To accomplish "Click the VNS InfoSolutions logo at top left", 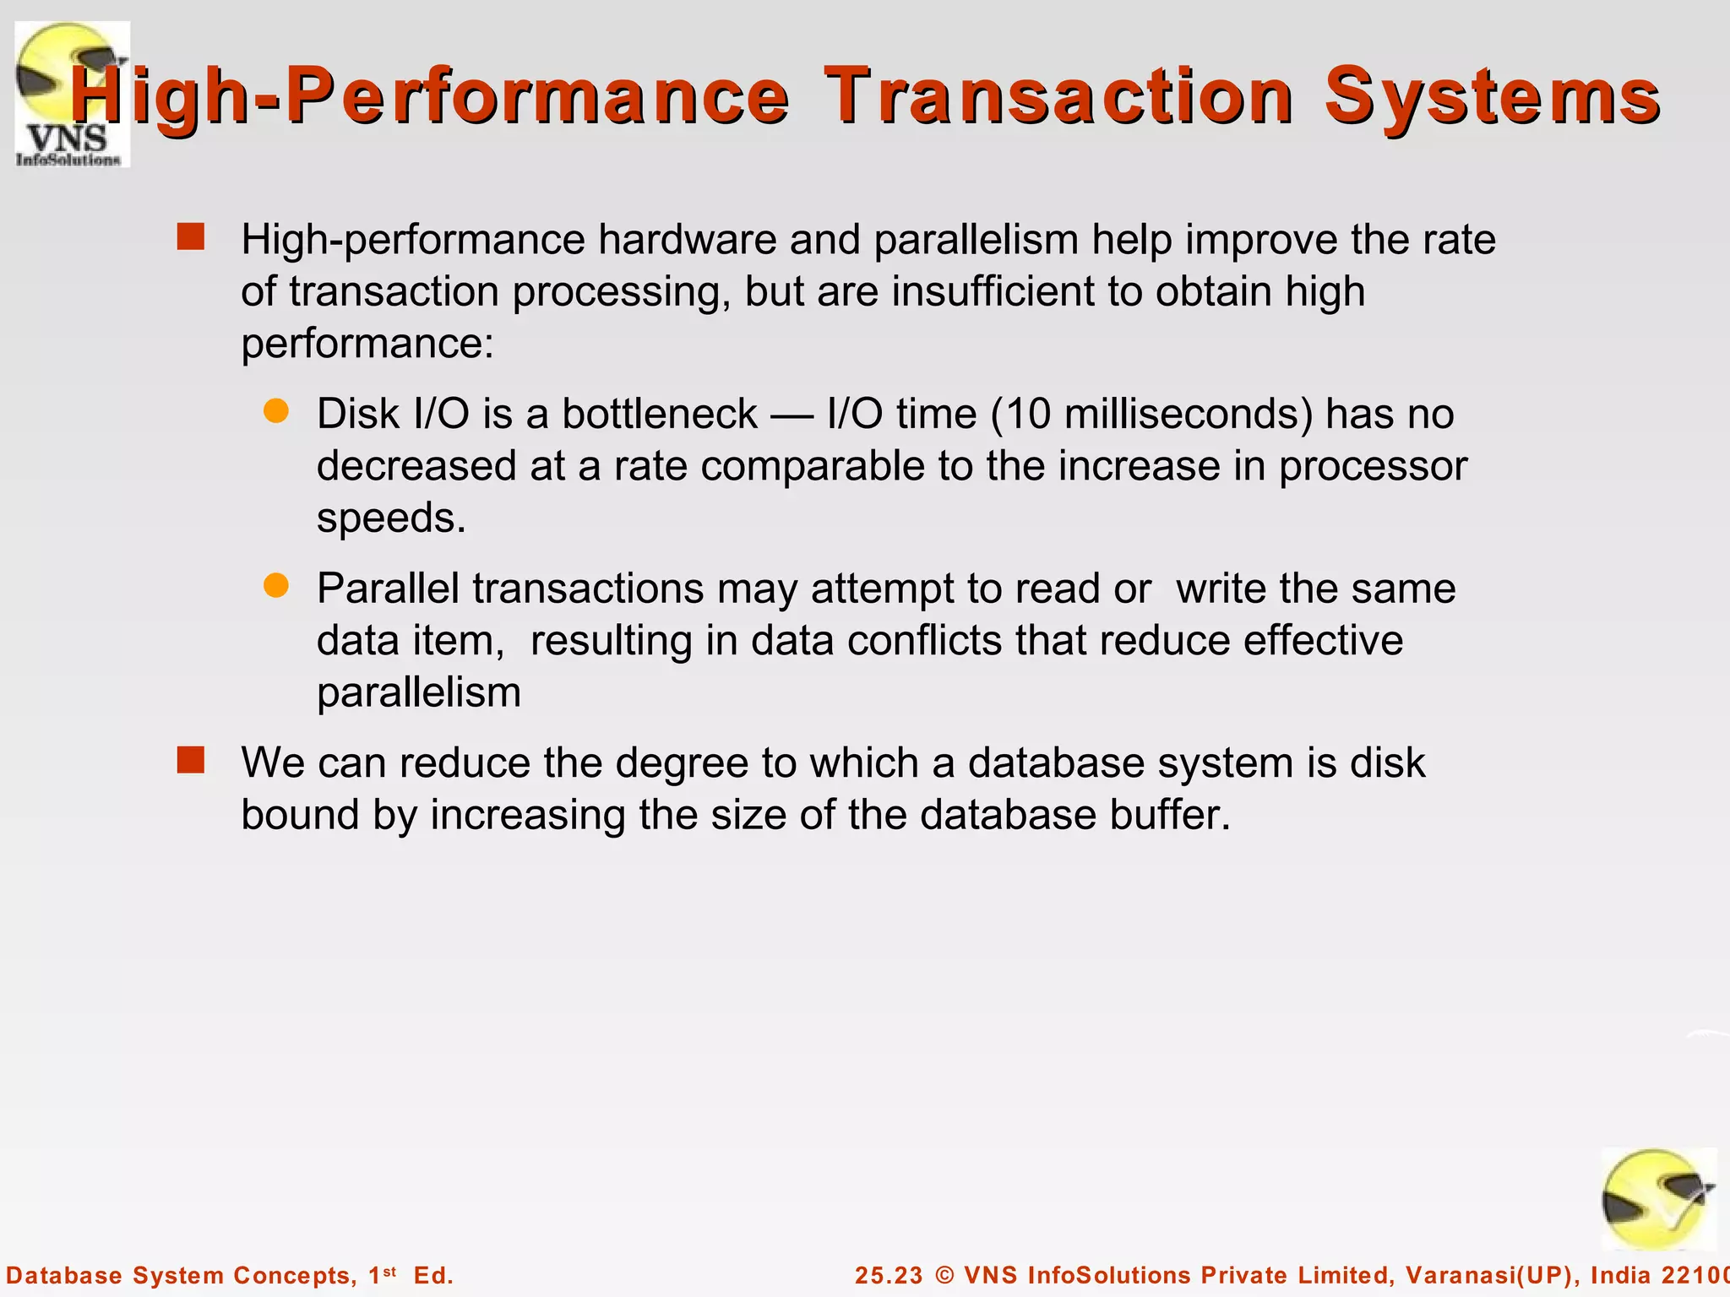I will click(72, 95).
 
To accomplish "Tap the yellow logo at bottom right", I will click(1658, 1199).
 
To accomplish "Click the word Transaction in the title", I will click(1058, 96).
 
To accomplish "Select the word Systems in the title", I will click(1492, 96).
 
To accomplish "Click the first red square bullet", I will click(191, 237).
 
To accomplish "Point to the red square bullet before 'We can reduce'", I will click(191, 760).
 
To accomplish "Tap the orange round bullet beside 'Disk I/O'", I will click(276, 411).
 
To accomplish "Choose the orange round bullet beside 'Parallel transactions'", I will click(276, 585).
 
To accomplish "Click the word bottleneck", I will click(660, 414).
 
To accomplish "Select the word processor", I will click(1373, 467).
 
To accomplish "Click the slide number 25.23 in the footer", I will click(889, 1275).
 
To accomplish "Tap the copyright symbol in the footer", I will click(944, 1275).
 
